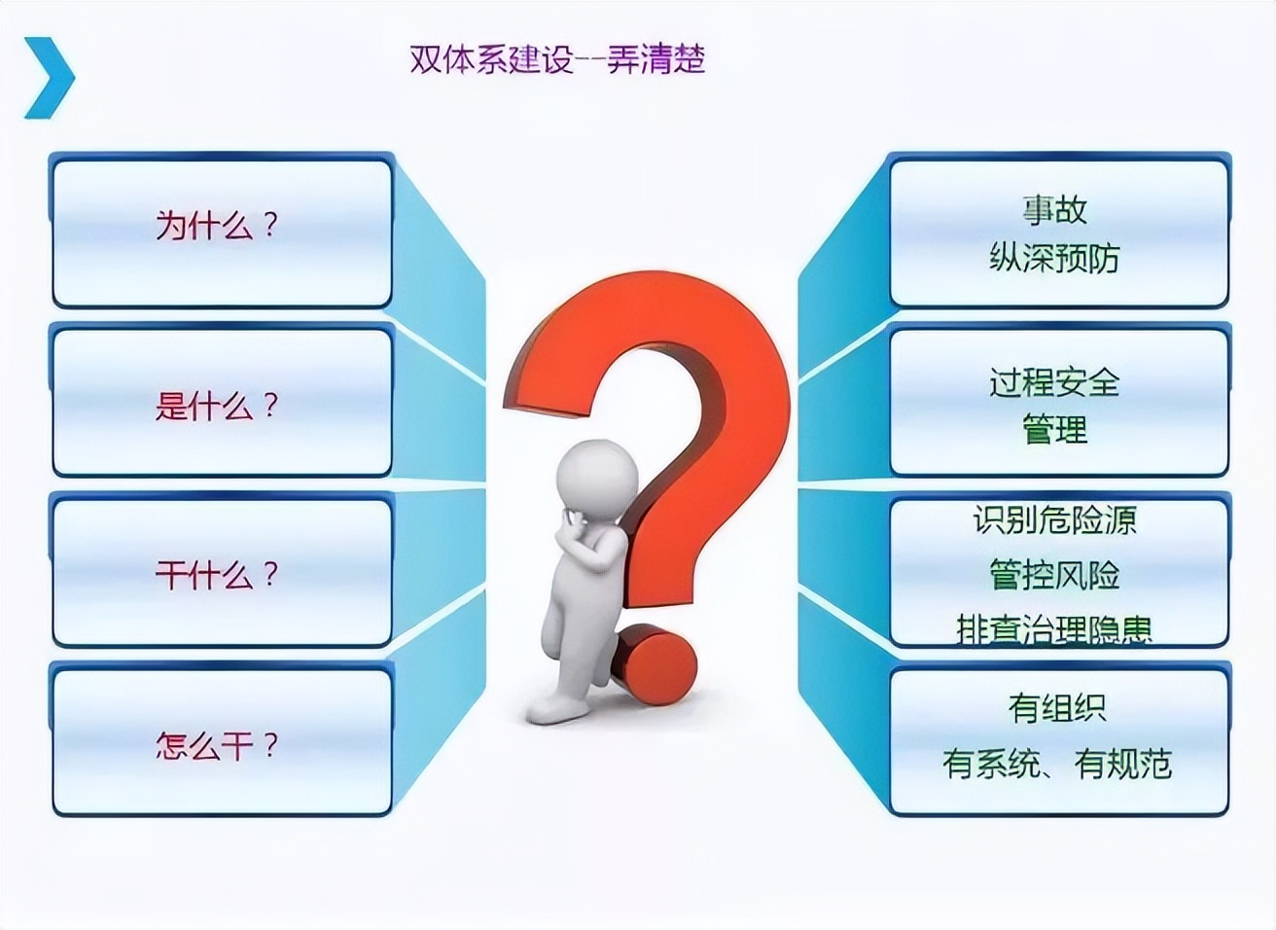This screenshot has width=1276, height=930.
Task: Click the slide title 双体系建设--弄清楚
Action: [x=556, y=59]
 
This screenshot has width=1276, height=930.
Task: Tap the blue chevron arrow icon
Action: [x=49, y=78]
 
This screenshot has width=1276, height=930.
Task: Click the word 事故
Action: [x=1054, y=209]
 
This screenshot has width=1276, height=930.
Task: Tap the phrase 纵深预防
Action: [x=1054, y=258]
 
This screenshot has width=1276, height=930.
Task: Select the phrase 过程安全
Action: [x=1054, y=381]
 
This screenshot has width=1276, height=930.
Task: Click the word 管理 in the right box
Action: [x=1054, y=429]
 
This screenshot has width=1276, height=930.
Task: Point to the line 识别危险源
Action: [x=1054, y=520]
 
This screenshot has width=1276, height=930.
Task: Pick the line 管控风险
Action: [x=1054, y=575]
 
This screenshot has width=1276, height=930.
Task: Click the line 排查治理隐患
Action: [x=1054, y=629]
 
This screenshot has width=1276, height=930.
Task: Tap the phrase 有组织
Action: [x=1056, y=707]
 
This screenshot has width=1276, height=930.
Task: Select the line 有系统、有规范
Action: [x=1056, y=764]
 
